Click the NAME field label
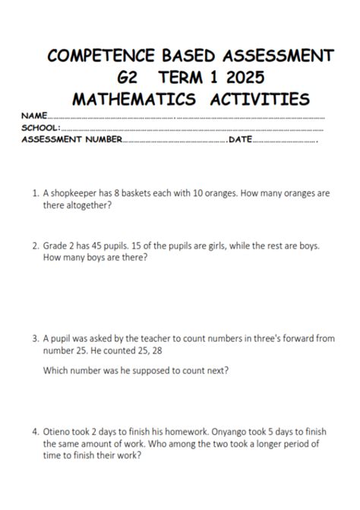pyautogui.click(x=34, y=116)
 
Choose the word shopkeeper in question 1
pyautogui.click(x=76, y=193)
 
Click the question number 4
pyautogui.click(x=36, y=431)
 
